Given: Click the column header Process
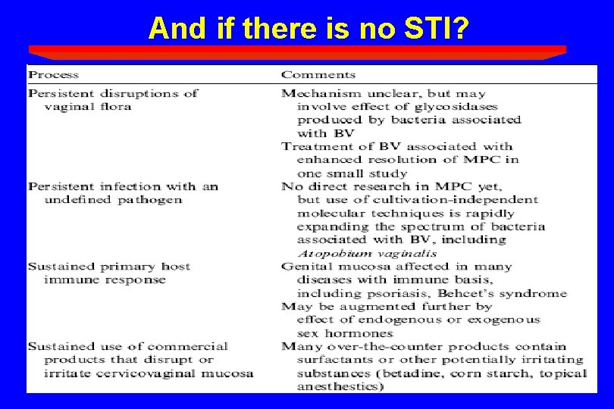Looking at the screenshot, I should [53, 75].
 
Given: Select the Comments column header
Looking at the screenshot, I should [318, 75].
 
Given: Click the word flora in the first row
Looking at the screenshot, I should [115, 107].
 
